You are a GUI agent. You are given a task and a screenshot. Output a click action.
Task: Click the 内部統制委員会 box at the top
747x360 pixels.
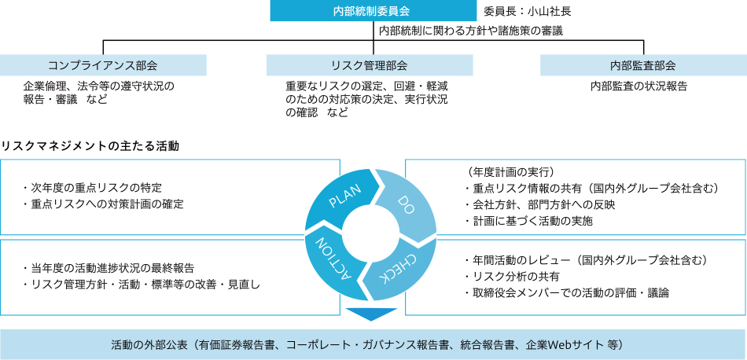pyautogui.click(x=372, y=11)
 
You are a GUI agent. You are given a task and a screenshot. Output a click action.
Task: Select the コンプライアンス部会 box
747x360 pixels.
pyautogui.click(x=103, y=65)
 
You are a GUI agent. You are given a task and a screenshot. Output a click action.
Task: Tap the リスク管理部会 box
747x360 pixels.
pyautogui.click(x=370, y=65)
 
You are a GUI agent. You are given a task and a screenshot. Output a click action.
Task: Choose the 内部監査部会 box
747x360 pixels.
pyautogui.click(x=642, y=65)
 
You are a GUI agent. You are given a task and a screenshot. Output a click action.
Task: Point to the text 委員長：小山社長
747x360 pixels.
pyautogui.click(x=527, y=12)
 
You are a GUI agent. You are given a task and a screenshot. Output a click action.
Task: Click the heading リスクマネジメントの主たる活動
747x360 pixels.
pyautogui.click(x=90, y=146)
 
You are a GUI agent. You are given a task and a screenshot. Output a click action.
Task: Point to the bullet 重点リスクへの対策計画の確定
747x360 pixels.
pyautogui.click(x=103, y=204)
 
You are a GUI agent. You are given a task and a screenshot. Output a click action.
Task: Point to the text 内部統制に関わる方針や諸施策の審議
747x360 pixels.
pyautogui.click(x=470, y=31)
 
